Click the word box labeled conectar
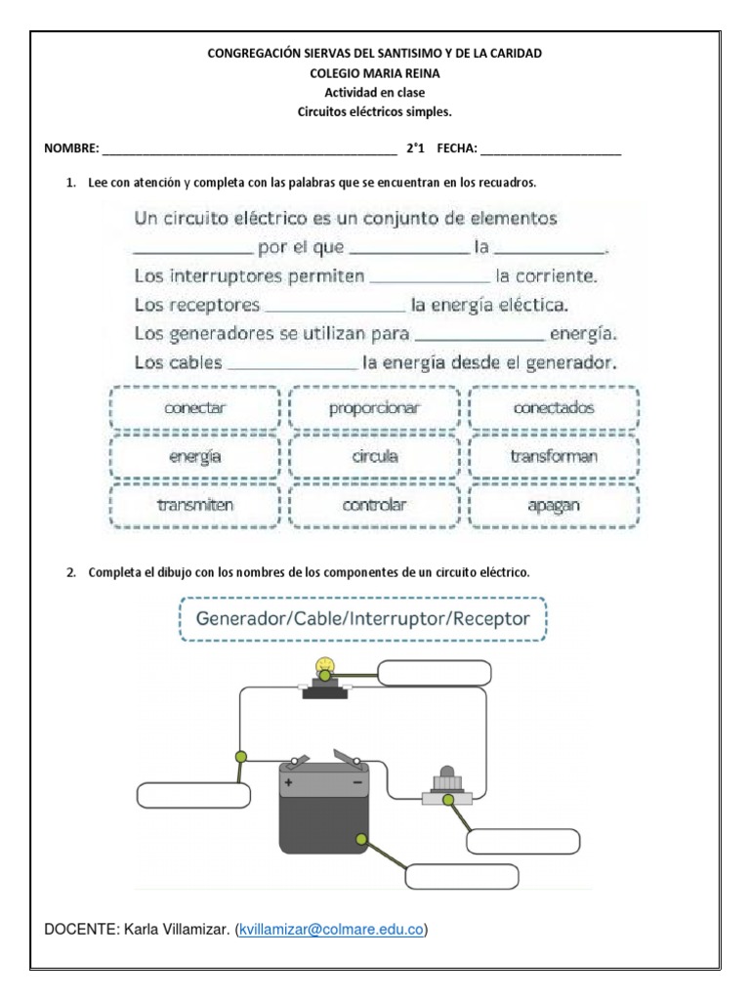(x=195, y=408)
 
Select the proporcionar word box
(x=374, y=408)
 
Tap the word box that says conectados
(x=554, y=408)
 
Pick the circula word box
(x=374, y=456)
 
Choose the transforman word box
(x=554, y=456)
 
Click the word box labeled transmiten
(x=195, y=505)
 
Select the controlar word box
(x=374, y=505)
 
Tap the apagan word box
(x=554, y=505)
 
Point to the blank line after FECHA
(x=551, y=149)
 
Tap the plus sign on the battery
(x=288, y=782)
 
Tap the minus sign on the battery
(x=356, y=782)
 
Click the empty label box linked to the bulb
(x=434, y=675)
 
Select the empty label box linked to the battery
(x=461, y=877)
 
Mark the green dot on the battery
(x=362, y=838)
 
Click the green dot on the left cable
(x=240, y=756)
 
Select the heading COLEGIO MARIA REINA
(x=374, y=72)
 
